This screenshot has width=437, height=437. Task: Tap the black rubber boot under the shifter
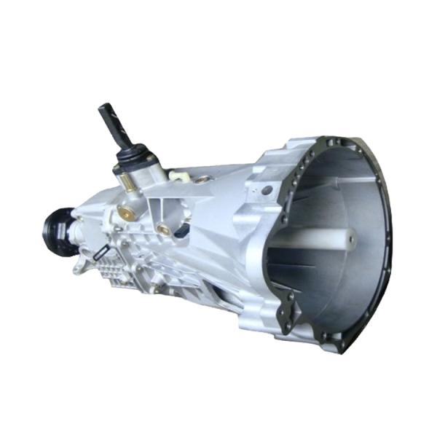(135, 157)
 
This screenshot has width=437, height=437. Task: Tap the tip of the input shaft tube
(352, 237)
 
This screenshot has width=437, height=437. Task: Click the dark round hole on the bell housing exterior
(267, 190)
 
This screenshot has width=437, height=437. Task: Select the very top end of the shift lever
(103, 108)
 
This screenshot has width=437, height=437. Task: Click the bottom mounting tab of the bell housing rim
(331, 345)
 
